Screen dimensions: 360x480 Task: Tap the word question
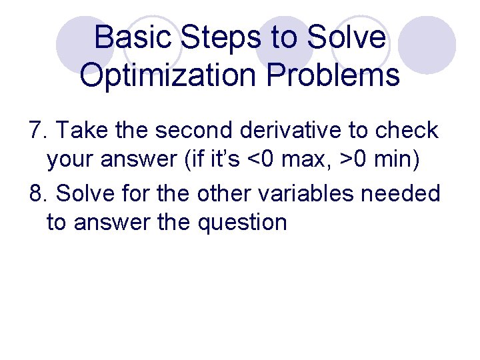242,223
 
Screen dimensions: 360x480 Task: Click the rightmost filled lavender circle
431,45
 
